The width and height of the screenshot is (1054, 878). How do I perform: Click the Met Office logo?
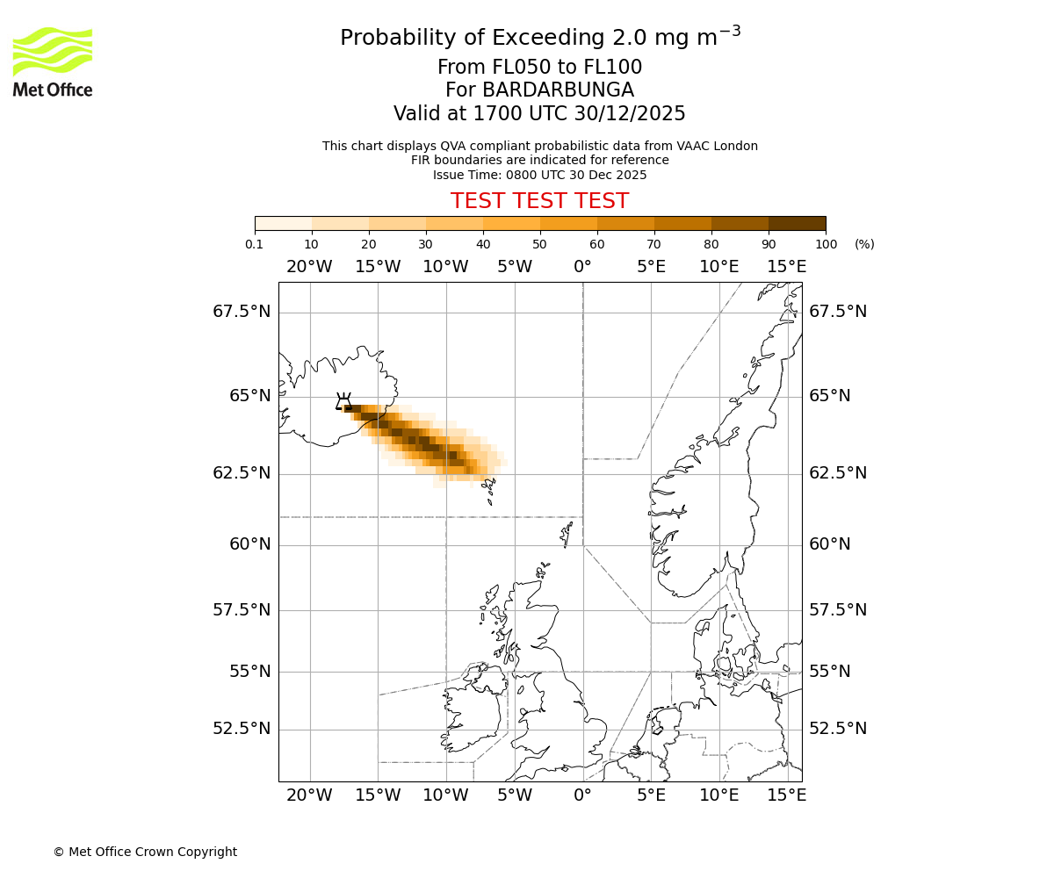(53, 61)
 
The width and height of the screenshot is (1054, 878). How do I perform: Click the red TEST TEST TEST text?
(539, 201)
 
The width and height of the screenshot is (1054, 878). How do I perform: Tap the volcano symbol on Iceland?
(343, 402)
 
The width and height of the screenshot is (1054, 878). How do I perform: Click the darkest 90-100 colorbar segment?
(797, 223)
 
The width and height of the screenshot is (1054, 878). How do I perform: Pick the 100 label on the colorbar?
(826, 244)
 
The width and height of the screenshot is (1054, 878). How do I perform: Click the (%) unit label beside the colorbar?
(864, 244)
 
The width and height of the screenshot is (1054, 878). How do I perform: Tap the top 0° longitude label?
(582, 267)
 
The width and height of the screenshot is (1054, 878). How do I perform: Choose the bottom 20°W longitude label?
(309, 795)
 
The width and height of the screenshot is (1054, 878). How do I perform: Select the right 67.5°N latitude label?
(838, 312)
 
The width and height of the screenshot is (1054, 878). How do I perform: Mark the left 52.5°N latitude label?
(242, 729)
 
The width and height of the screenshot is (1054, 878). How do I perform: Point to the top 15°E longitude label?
(787, 267)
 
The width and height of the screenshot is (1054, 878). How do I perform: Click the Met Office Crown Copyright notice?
(145, 852)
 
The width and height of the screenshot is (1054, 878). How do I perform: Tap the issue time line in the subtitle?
(539, 175)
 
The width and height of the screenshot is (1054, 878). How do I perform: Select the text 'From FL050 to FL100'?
(539, 68)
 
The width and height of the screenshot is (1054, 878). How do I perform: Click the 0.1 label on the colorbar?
(255, 244)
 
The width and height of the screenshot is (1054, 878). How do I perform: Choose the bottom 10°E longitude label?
(718, 795)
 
